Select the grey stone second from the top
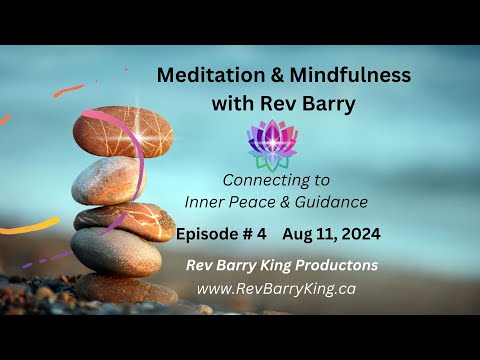[x=110, y=180]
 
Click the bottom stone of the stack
[x=125, y=289]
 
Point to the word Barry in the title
[x=314, y=102]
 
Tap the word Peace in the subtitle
[x=265, y=202]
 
